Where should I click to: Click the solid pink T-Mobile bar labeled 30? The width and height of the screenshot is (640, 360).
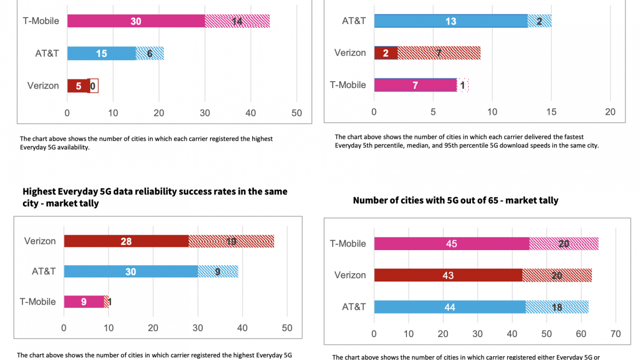coord(136,21)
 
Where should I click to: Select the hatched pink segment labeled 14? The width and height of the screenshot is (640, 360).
coord(237,21)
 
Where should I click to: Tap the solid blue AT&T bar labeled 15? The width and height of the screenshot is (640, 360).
coord(101,53)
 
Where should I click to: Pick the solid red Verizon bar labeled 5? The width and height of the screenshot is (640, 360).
coord(78,86)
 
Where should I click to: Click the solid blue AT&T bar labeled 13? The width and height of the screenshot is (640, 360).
coord(451,21)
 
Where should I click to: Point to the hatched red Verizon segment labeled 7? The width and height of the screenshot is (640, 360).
coord(439,53)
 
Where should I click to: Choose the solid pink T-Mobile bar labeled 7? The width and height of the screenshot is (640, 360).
coord(415,85)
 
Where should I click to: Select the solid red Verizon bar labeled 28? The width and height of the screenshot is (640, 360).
coord(126,241)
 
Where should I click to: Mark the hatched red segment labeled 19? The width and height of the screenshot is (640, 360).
coord(231,241)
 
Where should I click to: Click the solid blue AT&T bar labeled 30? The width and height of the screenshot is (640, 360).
coord(131,271)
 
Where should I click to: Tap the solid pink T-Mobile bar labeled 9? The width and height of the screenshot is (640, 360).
coord(84,302)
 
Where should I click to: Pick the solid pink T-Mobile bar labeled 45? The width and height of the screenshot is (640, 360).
coord(451,244)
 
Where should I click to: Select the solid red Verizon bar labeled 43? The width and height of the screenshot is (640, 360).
coord(448,275)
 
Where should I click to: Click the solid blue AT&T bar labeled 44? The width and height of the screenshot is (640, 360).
coord(450,307)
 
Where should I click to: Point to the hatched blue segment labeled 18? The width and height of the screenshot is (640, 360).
coord(557,307)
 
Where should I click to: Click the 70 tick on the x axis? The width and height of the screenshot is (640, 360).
coord(615,334)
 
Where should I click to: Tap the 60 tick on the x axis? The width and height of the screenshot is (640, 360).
coord(581,334)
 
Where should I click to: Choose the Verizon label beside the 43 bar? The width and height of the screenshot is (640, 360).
coord(350,275)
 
